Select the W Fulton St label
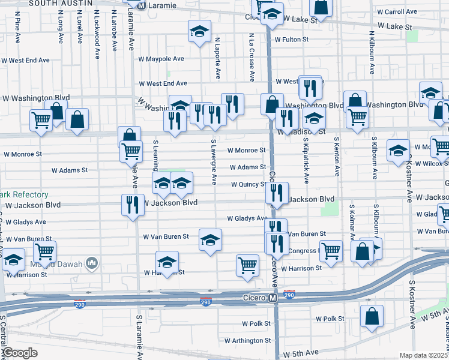[x=291, y=40]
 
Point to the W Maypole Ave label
[x=161, y=59]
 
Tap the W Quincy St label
[x=250, y=185]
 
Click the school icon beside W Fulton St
[x=199, y=32]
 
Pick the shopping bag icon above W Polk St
[x=372, y=316]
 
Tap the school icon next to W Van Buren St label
[x=210, y=240]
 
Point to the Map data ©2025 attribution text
[x=424, y=355]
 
